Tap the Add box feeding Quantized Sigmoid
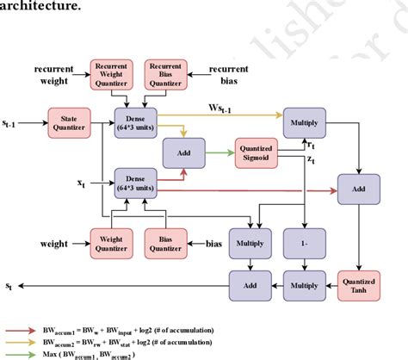click(x=183, y=152)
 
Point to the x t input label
click(x=81, y=183)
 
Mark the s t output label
click(x=10, y=282)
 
